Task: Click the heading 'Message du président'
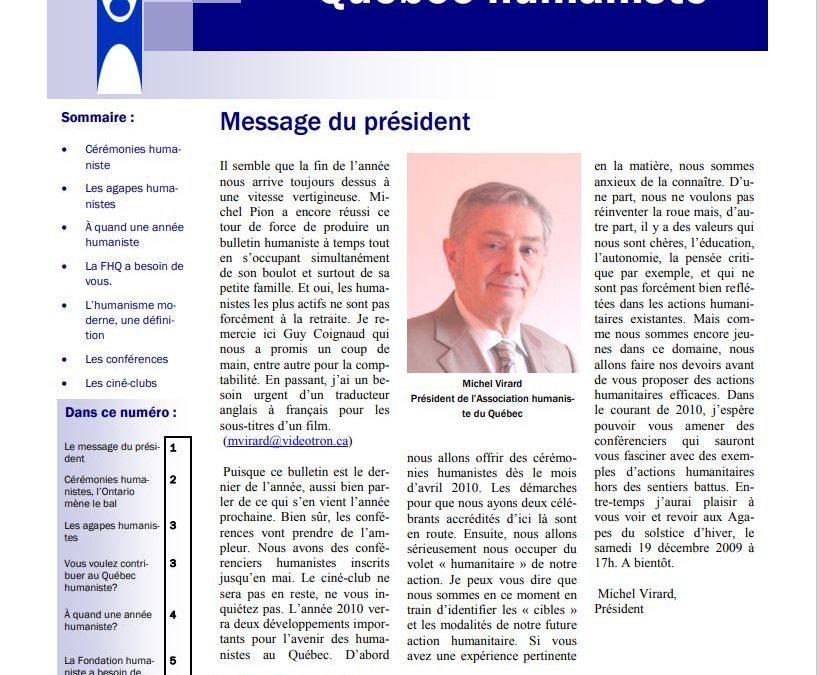(x=344, y=122)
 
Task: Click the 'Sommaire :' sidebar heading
(x=97, y=117)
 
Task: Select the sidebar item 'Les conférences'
(x=126, y=359)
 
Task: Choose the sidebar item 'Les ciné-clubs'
(x=121, y=383)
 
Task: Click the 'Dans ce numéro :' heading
(x=120, y=412)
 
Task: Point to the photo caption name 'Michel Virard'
(x=492, y=383)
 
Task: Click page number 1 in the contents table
(x=173, y=447)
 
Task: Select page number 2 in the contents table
(x=173, y=479)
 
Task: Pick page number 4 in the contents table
(x=173, y=615)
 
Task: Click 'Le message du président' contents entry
(x=110, y=452)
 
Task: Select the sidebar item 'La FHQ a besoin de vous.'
(x=134, y=273)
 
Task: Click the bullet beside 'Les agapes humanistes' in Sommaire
(x=65, y=188)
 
